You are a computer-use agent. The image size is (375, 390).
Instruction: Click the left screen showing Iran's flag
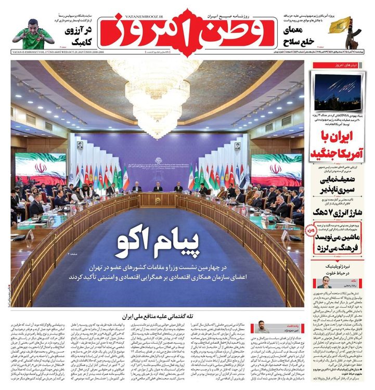coord(40,170)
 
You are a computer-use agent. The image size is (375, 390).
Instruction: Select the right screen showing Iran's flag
coord(276,169)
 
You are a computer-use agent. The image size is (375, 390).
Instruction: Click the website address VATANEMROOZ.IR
coord(187,6)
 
